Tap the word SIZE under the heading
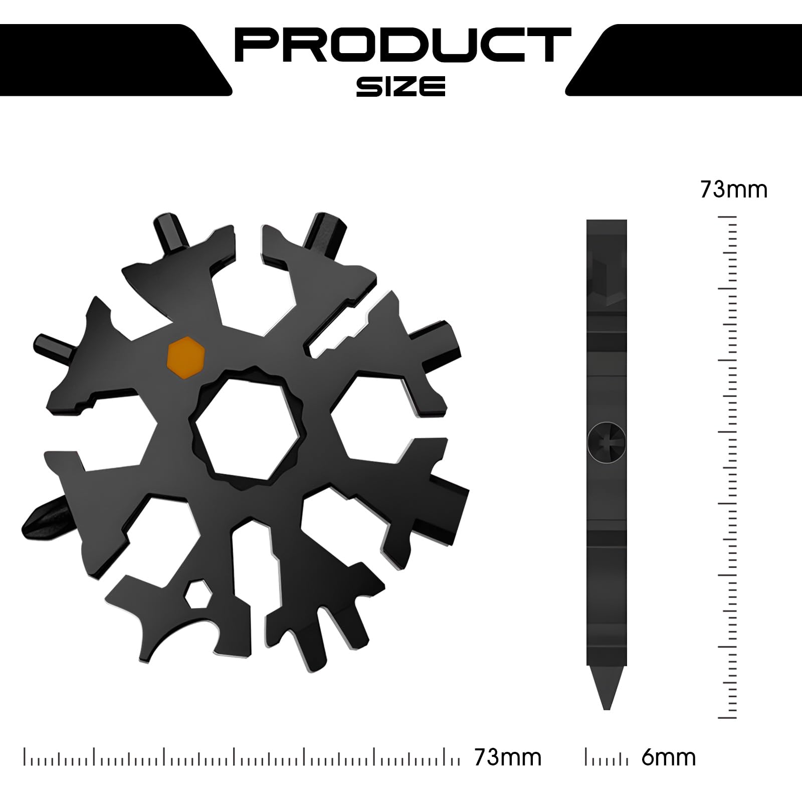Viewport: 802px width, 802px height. point(401,86)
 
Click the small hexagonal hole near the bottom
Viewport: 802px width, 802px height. point(197,595)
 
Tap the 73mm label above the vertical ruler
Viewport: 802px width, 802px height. point(733,190)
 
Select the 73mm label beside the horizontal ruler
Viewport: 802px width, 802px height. point(508,757)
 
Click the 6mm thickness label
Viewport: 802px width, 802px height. point(668,757)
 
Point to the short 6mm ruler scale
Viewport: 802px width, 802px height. point(606,758)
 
